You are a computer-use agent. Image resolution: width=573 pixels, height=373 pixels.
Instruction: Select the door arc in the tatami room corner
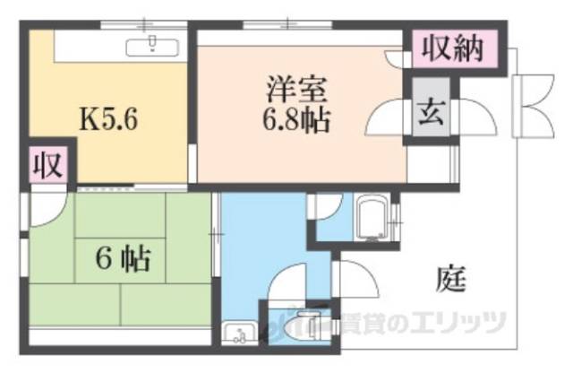[x=44, y=206]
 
